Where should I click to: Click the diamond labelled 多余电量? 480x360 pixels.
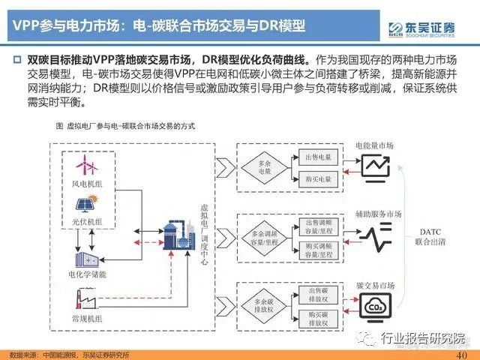pyautogui.click(x=265, y=168)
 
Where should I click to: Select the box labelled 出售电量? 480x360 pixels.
pyautogui.click(x=317, y=157)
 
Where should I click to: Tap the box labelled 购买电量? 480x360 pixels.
pyautogui.click(x=317, y=179)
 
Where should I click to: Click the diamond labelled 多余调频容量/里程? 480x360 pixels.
pyautogui.click(x=265, y=237)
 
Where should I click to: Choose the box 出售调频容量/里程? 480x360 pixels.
pyautogui.click(x=317, y=226)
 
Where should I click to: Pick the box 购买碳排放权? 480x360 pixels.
pyautogui.click(x=317, y=318)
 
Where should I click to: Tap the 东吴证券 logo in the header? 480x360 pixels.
pyautogui.click(x=430, y=28)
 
